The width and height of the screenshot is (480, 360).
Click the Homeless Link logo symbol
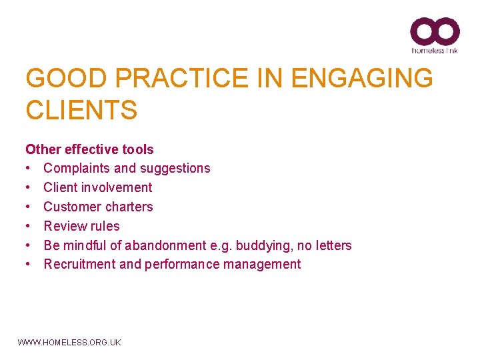click(435, 31)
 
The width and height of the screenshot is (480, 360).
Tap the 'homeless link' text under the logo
click(435, 50)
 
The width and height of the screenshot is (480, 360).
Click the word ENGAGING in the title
click(362, 79)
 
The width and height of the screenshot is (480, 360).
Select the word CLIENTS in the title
click(81, 110)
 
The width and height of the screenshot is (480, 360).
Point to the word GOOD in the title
click(58, 79)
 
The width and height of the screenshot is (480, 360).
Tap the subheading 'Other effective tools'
click(89, 149)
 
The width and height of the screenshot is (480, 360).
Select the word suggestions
click(174, 168)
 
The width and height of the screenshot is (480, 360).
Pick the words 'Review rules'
click(81, 226)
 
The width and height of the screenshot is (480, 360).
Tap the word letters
click(333, 245)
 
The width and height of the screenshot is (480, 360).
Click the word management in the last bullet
click(266, 264)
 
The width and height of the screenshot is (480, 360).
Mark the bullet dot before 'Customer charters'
click(30, 207)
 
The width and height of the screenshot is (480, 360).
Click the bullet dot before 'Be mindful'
click(30, 245)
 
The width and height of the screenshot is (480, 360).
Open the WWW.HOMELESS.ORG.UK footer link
click(69, 342)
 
